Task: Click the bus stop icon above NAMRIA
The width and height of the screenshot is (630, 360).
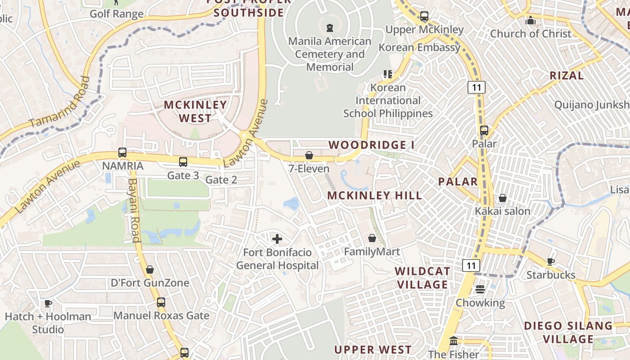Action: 122,153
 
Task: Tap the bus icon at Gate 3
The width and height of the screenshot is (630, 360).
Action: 183,162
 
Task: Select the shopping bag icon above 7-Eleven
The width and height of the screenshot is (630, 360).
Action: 309,156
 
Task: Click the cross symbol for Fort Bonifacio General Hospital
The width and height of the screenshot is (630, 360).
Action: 277,238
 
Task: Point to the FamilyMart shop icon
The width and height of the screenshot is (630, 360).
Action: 372,238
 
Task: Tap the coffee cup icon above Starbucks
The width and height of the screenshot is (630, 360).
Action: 551,261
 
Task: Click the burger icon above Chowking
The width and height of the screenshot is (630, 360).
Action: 480,289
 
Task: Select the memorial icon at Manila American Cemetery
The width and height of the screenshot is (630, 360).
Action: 330,27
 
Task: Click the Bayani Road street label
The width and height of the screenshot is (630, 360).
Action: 134,210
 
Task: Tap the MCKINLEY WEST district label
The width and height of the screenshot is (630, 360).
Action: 195,111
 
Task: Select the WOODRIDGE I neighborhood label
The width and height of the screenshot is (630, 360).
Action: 372,145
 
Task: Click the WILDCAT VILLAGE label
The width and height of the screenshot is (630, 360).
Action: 423,278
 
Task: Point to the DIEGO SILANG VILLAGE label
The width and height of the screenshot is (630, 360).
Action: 568,332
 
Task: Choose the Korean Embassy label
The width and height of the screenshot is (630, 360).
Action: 419,47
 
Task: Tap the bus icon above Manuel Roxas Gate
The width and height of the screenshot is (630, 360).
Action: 161,302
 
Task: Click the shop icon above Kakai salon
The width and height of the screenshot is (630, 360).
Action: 503,198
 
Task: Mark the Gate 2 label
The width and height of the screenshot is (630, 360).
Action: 221,180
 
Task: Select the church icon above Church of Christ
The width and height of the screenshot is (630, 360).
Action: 531,21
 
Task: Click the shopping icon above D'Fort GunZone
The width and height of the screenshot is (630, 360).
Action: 150,270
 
